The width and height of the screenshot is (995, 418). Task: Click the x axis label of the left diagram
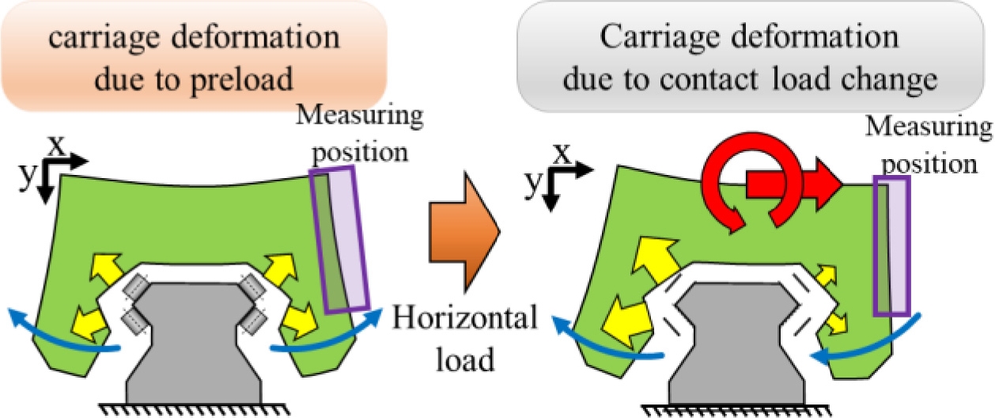tap(56, 144)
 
